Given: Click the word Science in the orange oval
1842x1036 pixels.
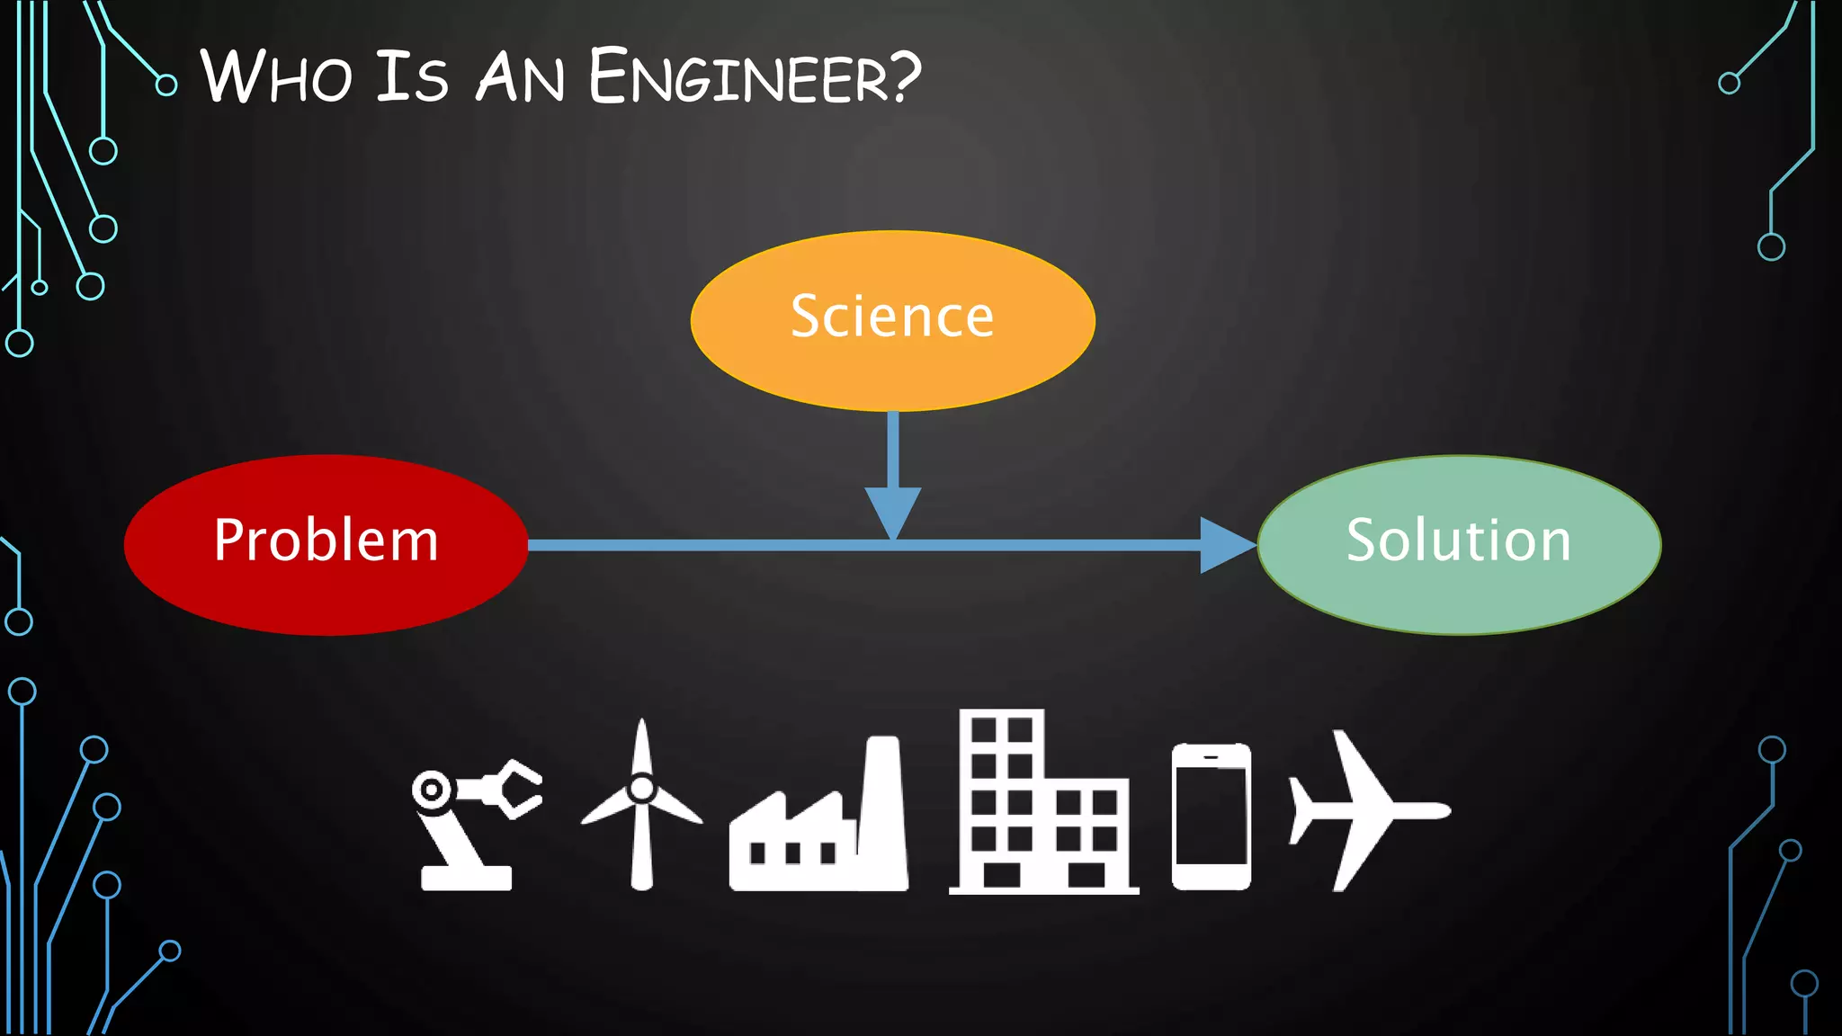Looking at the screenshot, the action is [x=892, y=317].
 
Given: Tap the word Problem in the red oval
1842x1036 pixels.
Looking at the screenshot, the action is [x=326, y=540].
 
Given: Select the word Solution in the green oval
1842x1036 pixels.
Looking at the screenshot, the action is [x=1458, y=540].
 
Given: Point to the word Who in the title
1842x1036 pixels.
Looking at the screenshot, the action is [x=275, y=77].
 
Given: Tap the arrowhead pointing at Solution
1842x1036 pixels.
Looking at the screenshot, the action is [x=1225, y=545].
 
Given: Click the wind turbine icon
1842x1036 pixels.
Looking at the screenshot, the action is [x=641, y=805].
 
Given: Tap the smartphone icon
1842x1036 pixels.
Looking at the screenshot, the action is [x=1211, y=817].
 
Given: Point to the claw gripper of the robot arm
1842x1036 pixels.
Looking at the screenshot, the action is [x=518, y=789].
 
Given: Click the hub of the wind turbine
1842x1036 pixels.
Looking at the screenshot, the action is [x=641, y=789].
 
